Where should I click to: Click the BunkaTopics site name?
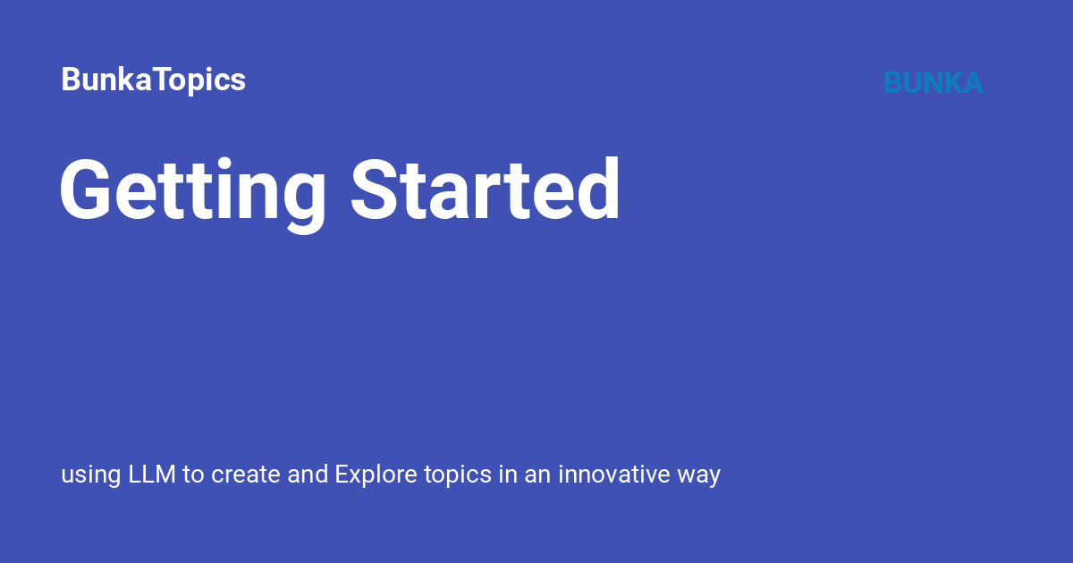click(153, 80)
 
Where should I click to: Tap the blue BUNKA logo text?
click(933, 82)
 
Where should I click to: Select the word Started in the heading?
click(485, 190)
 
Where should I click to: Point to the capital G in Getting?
click(89, 190)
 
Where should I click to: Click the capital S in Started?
click(376, 190)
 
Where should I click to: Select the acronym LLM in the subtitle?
click(153, 474)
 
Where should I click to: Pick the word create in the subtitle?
click(246, 475)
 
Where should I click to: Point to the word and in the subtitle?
click(308, 474)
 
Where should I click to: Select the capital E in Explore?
click(342, 474)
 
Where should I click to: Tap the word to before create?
click(193, 475)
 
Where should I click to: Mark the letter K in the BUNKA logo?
click(949, 82)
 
